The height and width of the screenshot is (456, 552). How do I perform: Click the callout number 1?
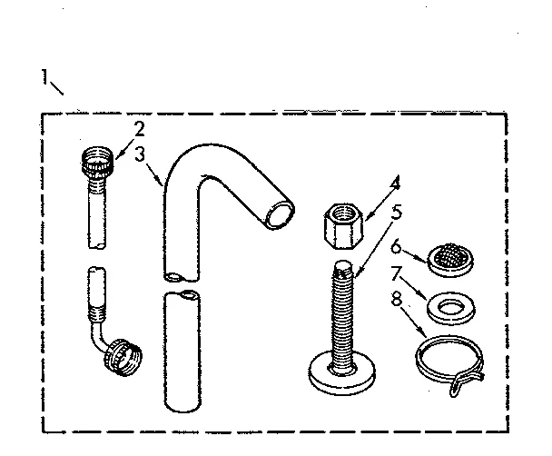pos(43,77)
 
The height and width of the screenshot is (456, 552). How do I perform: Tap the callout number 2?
pos(139,129)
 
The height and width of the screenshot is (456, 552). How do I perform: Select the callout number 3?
pos(138,154)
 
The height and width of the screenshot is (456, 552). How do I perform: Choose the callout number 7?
pos(395,273)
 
